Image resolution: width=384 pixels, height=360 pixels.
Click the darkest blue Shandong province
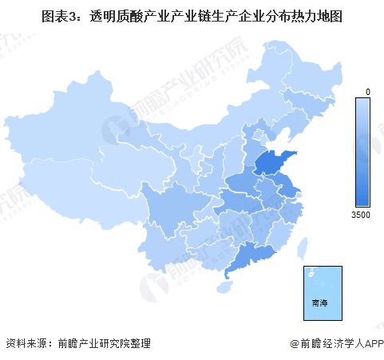click(275, 166)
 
